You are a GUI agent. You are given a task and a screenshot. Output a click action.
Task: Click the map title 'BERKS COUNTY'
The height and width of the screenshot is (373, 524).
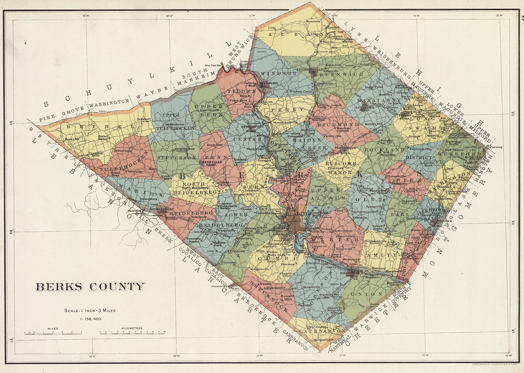pyautogui.click(x=90, y=287)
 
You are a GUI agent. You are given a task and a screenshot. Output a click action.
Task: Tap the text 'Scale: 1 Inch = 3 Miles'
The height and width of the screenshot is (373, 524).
pyautogui.click(x=90, y=310)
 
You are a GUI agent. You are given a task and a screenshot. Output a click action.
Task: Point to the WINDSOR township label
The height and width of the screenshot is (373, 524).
pyautogui.click(x=279, y=74)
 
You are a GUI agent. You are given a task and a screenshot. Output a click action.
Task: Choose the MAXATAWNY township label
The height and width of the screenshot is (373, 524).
pyautogui.click(x=377, y=101)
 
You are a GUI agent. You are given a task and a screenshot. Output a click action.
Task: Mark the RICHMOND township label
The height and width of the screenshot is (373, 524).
pyautogui.click(x=338, y=124)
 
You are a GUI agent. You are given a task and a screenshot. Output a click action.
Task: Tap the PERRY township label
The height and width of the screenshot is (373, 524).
pyautogui.click(x=282, y=109)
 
